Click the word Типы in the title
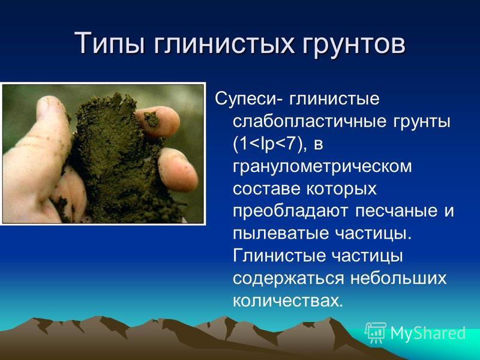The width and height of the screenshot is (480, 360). point(109,43)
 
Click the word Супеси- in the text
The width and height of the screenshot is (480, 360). point(249,99)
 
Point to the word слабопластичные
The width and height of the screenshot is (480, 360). point(307,122)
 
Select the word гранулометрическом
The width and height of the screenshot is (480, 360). point(322,167)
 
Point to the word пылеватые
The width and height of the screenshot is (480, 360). point(280,233)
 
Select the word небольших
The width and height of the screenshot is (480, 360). point(398,278)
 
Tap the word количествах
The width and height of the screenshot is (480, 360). point(287,301)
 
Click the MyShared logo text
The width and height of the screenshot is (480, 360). point(428,333)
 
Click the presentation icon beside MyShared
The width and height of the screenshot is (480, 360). point(376,332)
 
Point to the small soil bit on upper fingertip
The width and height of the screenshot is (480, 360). point(151,119)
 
